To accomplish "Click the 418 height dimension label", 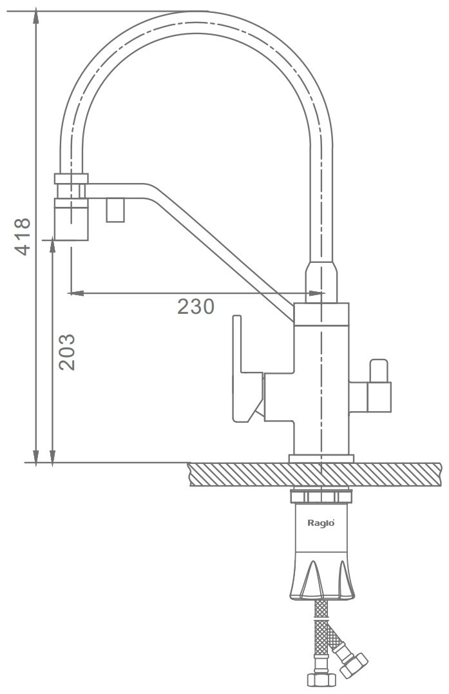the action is (x=23, y=236).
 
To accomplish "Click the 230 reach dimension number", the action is (x=196, y=306).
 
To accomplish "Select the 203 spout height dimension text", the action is (x=67, y=352).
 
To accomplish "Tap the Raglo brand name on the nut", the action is (x=321, y=523).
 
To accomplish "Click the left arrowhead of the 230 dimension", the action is (x=77, y=293).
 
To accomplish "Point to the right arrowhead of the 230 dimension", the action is (x=316, y=293).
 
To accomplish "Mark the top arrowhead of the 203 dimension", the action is (x=53, y=244).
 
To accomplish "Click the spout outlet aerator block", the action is (x=72, y=220).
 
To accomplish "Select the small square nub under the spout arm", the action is (x=116, y=210).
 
